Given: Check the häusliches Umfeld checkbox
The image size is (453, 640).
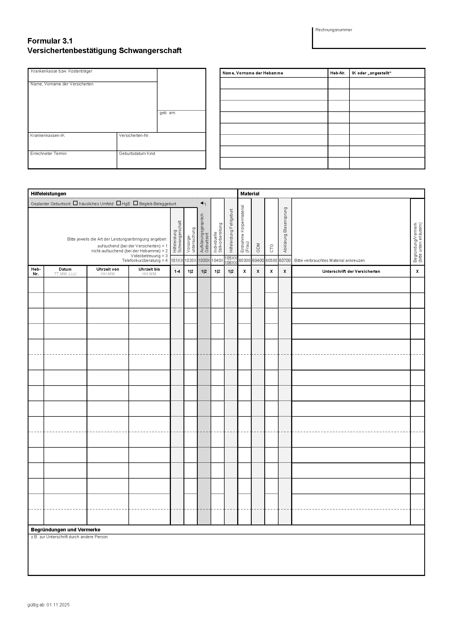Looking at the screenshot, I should click(x=75, y=203).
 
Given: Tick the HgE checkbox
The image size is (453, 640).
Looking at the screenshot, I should click(x=119, y=203).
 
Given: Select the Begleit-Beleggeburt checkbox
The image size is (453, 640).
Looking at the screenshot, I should click(x=136, y=203).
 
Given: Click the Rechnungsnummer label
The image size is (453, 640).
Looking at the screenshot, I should click(x=334, y=30).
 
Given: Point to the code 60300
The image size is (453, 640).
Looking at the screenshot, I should click(x=244, y=260).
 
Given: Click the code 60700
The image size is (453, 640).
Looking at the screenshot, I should click(x=285, y=260).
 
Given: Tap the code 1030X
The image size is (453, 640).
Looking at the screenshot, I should click(x=204, y=260).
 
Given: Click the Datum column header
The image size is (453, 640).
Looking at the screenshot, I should click(x=65, y=269).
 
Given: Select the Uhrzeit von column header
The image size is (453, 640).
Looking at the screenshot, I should click(x=108, y=269).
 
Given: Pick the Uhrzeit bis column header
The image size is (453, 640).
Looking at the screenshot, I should click(x=149, y=269).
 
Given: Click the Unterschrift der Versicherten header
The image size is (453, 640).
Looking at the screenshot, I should click(x=351, y=271).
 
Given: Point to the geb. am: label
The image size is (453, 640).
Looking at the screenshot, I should click(x=167, y=113).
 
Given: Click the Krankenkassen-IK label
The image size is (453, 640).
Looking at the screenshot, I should click(x=47, y=135).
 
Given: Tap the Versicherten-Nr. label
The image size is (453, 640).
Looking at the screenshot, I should click(x=134, y=135).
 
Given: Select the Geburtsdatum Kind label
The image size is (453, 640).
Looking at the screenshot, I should click(x=137, y=154).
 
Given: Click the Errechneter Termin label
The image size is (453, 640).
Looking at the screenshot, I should click(x=48, y=154).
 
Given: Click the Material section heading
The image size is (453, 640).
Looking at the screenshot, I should click(x=250, y=194).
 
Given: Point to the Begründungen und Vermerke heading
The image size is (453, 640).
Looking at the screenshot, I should click(x=65, y=530).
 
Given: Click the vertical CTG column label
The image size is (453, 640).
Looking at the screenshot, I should click(x=271, y=248).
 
